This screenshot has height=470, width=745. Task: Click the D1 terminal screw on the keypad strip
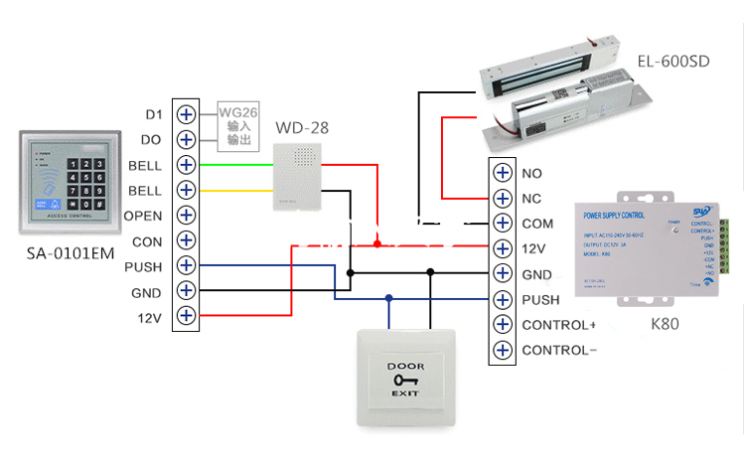pyautogui.click(x=186, y=113)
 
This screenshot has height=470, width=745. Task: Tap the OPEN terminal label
pyautogui.click(x=143, y=216)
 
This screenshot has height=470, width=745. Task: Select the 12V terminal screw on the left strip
pyautogui.click(x=186, y=317)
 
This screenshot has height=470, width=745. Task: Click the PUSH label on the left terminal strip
pyautogui.click(x=143, y=267)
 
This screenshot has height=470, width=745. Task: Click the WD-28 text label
pyautogui.click(x=302, y=128)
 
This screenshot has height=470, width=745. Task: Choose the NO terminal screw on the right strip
pyautogui.click(x=502, y=173)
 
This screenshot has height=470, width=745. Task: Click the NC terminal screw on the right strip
pyautogui.click(x=502, y=198)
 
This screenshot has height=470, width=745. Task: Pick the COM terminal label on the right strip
pyautogui.click(x=537, y=224)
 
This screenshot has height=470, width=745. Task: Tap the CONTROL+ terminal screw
pyautogui.click(x=502, y=325)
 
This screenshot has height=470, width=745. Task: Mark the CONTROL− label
pyautogui.click(x=558, y=350)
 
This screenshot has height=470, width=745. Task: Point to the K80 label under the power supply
pyautogui.click(x=660, y=324)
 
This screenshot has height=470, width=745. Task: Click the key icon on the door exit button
pyautogui.click(x=404, y=381)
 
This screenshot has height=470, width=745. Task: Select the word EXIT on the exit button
pyautogui.click(x=404, y=395)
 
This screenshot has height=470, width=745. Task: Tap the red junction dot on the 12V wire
pyautogui.click(x=377, y=242)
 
